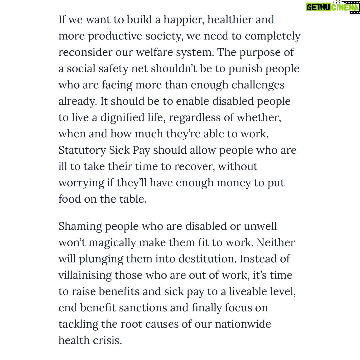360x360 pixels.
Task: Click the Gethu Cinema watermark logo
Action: point(332,7)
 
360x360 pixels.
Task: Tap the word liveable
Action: point(243,291)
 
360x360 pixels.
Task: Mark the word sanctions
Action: point(143,308)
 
